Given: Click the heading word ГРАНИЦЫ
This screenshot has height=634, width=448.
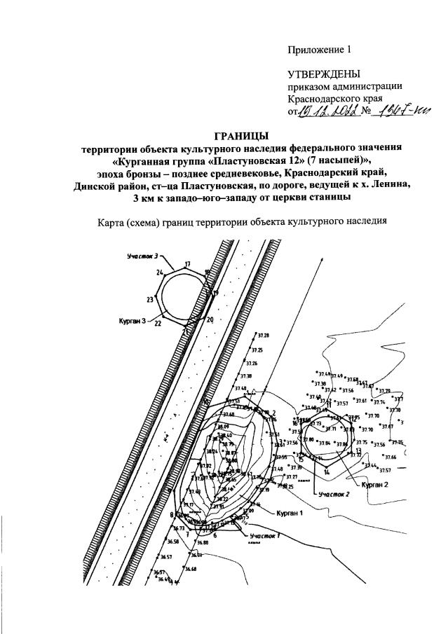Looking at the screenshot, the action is coord(242,135).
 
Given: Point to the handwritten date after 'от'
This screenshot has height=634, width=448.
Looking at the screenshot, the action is coord(329,111).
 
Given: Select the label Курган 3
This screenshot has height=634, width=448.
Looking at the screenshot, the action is coord(132,320).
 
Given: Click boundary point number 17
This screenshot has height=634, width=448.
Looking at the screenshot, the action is coord(187,264).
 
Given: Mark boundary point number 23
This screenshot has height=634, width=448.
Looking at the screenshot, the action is coord(150,300).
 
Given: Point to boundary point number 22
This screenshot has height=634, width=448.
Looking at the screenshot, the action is coord(158,324).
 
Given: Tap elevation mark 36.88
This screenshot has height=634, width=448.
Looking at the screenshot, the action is coord(202,543).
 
